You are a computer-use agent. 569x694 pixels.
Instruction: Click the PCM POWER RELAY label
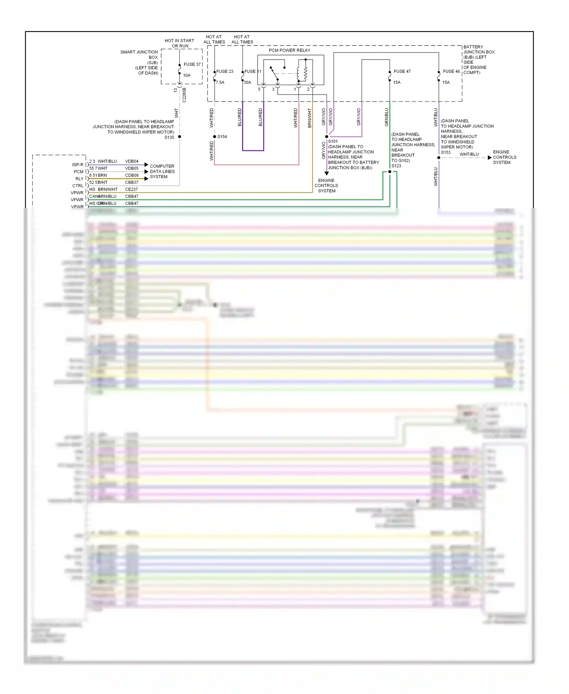[x=289, y=50]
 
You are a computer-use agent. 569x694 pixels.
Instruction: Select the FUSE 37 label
[x=192, y=64]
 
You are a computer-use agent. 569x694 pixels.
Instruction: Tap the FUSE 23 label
[x=225, y=71]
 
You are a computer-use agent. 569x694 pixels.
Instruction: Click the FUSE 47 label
[x=402, y=71]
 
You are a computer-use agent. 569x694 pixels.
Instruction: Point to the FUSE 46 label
[x=451, y=71]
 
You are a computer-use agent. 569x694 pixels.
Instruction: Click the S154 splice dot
[x=215, y=137]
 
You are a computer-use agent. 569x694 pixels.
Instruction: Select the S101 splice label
[x=333, y=141]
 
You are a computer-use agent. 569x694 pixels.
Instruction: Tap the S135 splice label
[x=169, y=137]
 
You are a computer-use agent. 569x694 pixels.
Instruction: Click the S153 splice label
[x=446, y=152]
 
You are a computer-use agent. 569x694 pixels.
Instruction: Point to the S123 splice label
[x=396, y=166]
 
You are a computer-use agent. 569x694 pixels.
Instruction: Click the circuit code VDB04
[x=132, y=161]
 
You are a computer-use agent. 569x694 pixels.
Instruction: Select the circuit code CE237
[x=131, y=189]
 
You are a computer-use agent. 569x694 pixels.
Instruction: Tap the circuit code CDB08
[x=132, y=175]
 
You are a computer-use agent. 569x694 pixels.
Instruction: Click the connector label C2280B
[x=184, y=95]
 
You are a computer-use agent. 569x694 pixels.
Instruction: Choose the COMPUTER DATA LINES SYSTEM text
[x=162, y=172]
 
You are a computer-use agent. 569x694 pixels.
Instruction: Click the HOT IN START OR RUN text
[x=179, y=43]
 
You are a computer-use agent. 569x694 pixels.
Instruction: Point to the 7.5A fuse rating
[x=220, y=82]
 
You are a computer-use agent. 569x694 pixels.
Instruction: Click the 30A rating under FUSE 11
[x=247, y=82]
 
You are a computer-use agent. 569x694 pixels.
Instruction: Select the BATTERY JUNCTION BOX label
[x=478, y=60]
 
